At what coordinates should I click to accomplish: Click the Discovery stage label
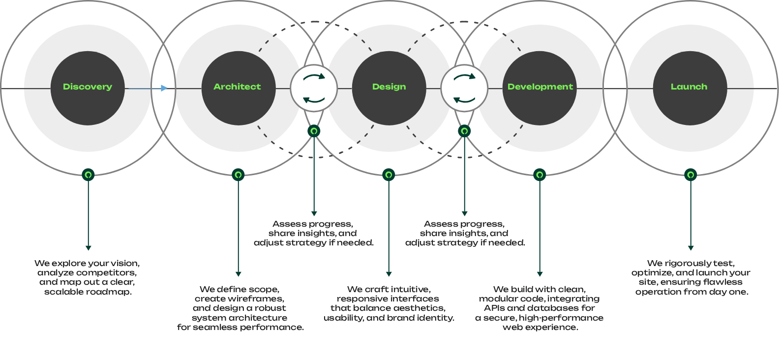[88, 87]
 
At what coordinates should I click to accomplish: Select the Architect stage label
[237, 87]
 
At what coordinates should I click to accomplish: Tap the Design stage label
[389, 87]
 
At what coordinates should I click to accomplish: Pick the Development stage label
[540, 87]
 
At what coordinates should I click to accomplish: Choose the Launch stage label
[689, 87]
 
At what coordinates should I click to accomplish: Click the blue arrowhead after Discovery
[164, 89]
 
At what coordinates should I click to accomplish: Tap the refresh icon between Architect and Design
[314, 89]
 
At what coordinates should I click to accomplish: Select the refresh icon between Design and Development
[464, 89]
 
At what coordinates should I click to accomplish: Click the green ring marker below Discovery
[88, 175]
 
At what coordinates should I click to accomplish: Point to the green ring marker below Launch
[690, 175]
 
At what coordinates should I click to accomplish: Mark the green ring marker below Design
[389, 175]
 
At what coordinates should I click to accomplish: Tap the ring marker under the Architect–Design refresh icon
[314, 131]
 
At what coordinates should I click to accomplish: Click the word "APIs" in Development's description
[494, 308]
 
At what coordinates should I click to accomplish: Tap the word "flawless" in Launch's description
[722, 282]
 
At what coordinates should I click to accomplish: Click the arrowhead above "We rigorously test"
[690, 248]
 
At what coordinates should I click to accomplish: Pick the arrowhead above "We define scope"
[238, 274]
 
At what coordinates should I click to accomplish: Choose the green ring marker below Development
[539, 175]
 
